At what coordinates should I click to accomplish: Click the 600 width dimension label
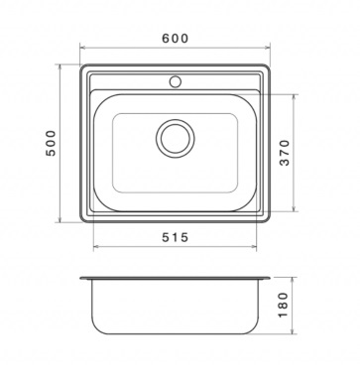[175, 39]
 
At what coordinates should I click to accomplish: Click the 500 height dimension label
[52, 143]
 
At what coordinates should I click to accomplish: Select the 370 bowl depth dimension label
[285, 153]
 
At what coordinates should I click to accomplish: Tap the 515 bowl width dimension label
[175, 237]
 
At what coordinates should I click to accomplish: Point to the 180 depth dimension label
[284, 305]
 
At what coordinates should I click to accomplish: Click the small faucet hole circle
[176, 81]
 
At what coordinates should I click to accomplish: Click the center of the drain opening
[176, 138]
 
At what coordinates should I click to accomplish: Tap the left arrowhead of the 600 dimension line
[82, 48]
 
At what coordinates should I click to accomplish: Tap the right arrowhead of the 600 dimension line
[268, 48]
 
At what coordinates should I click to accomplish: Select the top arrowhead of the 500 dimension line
[60, 67]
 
